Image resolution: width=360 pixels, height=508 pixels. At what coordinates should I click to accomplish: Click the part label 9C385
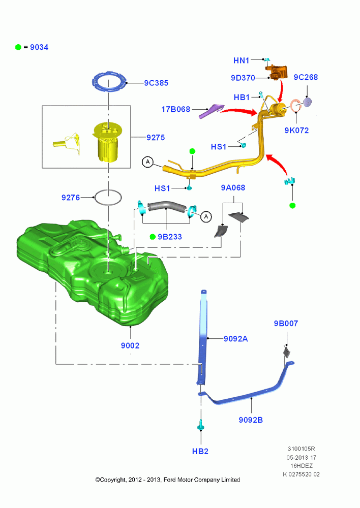click(x=156, y=83)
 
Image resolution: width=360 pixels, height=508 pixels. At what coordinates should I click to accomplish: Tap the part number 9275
click(x=156, y=137)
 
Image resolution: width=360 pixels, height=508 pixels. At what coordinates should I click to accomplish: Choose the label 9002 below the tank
click(x=130, y=345)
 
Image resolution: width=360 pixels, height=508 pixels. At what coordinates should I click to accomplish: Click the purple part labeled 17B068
click(x=211, y=110)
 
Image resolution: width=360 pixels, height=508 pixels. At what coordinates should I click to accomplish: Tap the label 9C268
click(x=306, y=77)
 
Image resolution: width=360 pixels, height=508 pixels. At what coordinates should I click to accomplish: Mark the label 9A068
click(x=233, y=187)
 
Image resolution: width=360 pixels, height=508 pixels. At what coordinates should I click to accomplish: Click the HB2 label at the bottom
click(x=200, y=451)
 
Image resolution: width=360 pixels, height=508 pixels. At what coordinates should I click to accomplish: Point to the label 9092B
click(x=251, y=420)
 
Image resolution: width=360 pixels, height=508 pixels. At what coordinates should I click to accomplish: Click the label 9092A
click(x=236, y=339)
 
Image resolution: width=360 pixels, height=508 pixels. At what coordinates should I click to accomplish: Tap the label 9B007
click(x=286, y=323)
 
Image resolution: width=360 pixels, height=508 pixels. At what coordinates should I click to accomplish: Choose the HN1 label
click(x=242, y=60)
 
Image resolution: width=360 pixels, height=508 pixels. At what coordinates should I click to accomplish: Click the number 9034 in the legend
click(x=39, y=47)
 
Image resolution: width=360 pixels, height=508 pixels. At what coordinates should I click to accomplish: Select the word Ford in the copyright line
click(x=169, y=480)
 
